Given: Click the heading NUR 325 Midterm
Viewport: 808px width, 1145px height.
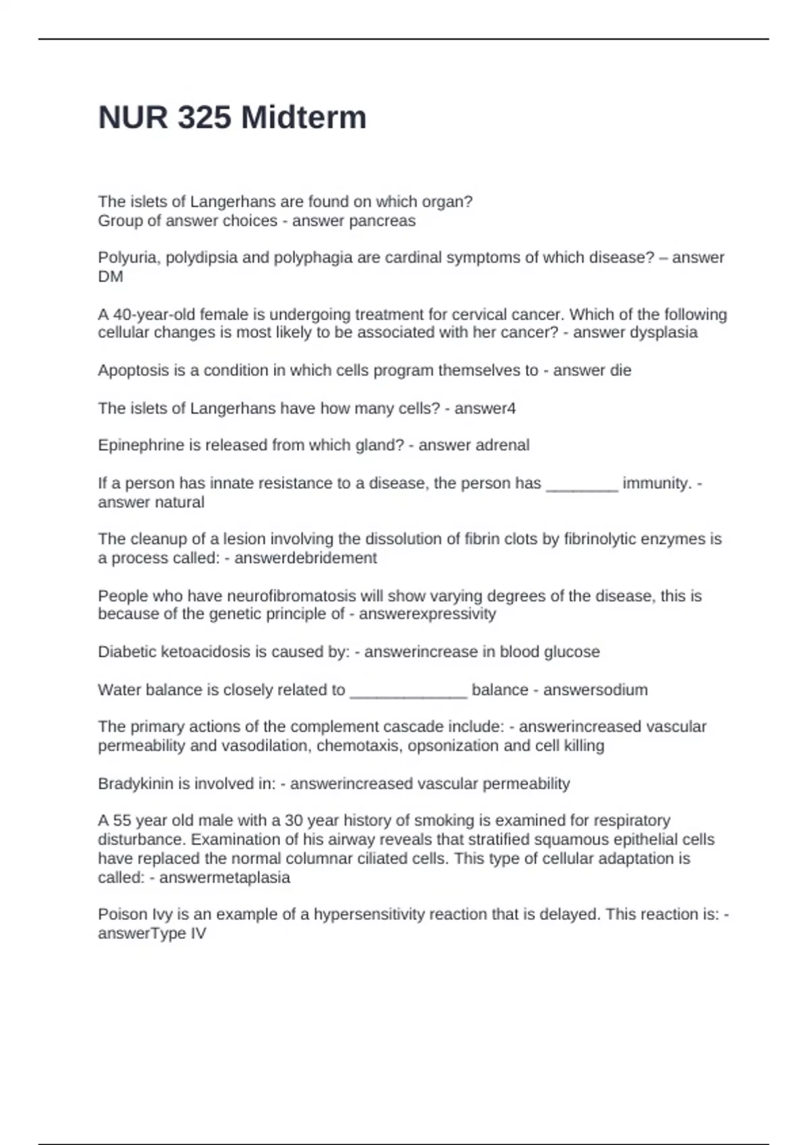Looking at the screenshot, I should click(232, 118).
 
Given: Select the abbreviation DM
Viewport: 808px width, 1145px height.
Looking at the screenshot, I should click(110, 277).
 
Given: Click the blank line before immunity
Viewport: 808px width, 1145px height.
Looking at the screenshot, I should click(582, 485).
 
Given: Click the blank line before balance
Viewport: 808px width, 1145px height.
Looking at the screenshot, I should click(408, 692).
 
